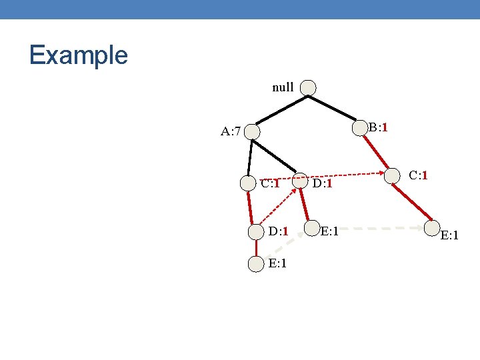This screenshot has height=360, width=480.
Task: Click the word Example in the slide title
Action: (78, 55)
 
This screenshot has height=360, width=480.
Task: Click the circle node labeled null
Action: (308, 87)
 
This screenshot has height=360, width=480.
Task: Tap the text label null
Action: (283, 87)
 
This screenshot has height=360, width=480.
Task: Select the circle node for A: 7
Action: (252, 132)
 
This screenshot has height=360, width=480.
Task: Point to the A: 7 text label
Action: (231, 131)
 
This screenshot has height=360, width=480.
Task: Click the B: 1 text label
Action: (379, 127)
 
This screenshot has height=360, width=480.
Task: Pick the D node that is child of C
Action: (256, 232)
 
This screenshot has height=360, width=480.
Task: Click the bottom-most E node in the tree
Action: (256, 264)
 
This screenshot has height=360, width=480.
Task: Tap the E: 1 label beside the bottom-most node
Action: (278, 263)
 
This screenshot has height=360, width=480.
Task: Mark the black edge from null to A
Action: (280, 110)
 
